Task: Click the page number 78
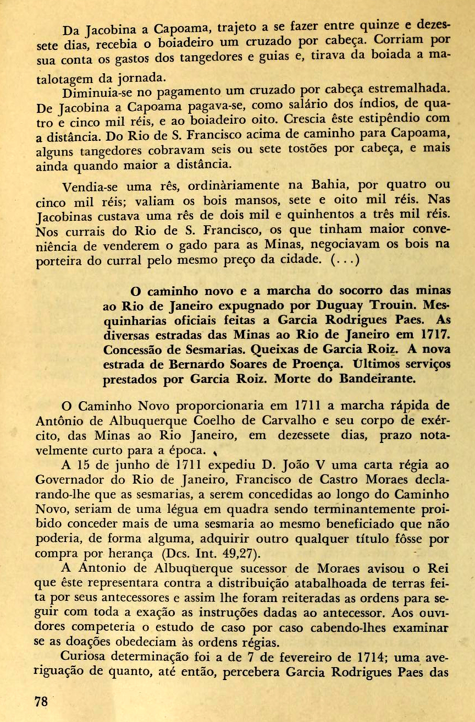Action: tap(41, 702)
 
